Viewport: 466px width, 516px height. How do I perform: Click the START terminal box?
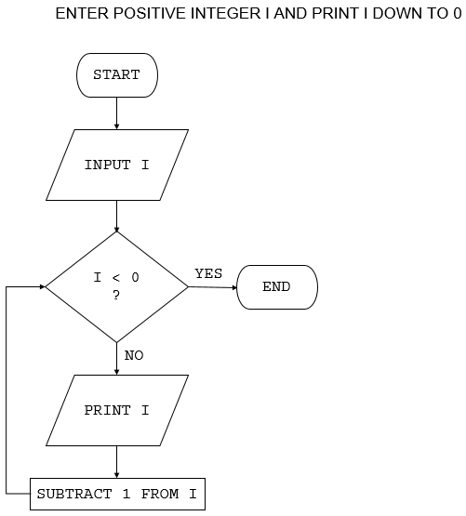[116, 75]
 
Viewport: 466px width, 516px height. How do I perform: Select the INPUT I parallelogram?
[116, 165]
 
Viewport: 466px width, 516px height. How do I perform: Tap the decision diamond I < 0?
[116, 286]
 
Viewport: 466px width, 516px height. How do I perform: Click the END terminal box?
[276, 287]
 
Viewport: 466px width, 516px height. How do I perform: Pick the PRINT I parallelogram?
[116, 410]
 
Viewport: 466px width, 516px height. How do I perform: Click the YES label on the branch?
[208, 273]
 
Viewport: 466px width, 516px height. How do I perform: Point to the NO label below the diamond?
[134, 355]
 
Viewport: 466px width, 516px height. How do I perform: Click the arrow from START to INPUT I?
[116, 112]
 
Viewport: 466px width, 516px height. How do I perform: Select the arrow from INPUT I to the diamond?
[116, 215]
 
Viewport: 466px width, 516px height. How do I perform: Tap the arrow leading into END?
[213, 287]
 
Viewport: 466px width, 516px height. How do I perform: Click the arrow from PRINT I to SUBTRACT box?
[116, 462]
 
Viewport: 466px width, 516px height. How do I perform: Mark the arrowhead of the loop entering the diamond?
[41, 286]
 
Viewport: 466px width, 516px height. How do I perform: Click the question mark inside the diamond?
[116, 296]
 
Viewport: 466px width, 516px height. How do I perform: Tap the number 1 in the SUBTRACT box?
[126, 494]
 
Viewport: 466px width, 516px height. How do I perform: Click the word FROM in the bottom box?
[159, 494]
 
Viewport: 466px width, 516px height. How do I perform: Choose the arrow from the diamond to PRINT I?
[116, 358]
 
